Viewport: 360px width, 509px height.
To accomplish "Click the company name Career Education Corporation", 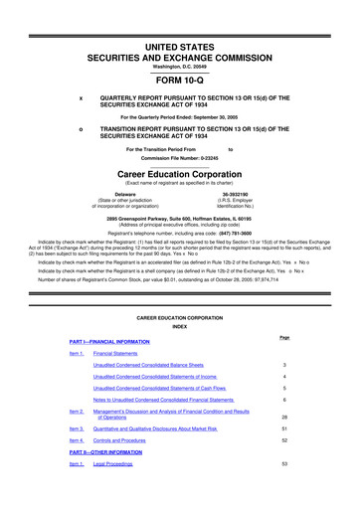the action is point(179,171).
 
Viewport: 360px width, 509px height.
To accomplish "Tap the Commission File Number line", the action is point(179,157).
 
